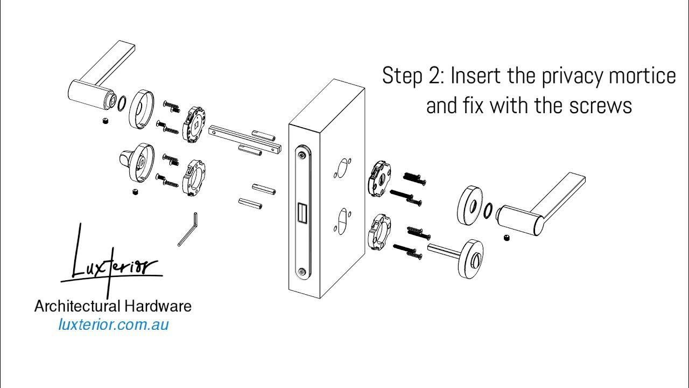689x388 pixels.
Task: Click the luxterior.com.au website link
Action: tap(113, 325)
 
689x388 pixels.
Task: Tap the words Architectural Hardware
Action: tap(113, 307)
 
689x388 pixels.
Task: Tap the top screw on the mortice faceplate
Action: tap(302, 155)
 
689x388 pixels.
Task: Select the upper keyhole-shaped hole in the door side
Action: tap(342, 168)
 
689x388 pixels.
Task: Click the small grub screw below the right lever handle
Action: tap(507, 238)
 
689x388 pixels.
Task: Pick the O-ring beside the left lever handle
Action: tap(122, 102)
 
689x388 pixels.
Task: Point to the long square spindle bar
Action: tap(245, 138)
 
